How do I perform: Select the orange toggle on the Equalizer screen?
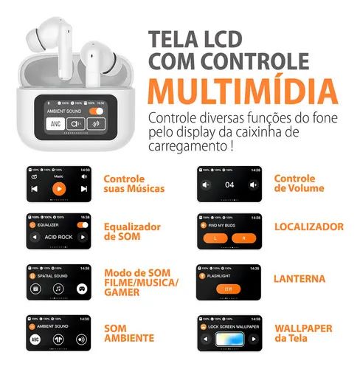(82, 224)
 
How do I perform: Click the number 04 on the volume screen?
(229, 184)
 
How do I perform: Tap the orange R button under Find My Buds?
(243, 239)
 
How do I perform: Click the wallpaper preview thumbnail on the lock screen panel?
(229, 340)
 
